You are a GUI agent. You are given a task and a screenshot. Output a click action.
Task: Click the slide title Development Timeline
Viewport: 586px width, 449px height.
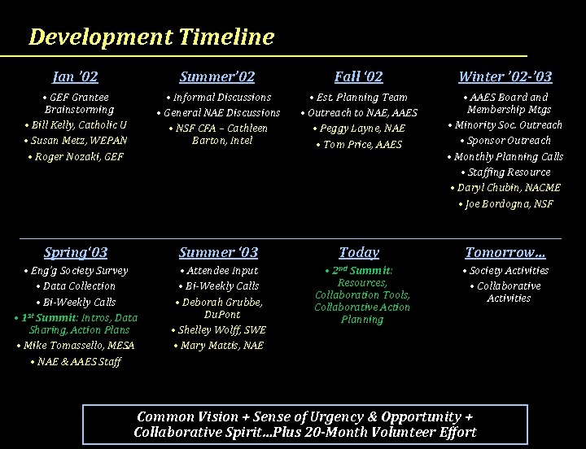click(151, 37)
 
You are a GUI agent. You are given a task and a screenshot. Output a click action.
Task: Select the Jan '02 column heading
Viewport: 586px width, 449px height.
click(75, 77)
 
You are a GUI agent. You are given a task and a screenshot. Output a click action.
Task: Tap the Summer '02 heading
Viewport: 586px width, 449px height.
click(216, 77)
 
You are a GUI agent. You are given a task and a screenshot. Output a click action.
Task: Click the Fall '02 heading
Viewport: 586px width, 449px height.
click(358, 77)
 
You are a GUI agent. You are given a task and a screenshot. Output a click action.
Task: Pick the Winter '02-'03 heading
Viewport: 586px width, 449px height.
click(505, 77)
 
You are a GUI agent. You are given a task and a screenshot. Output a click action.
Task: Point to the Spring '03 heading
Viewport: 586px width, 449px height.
click(76, 252)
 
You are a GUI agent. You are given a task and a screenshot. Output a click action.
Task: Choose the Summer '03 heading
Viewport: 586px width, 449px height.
click(218, 252)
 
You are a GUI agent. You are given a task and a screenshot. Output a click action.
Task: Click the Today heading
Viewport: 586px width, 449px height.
click(359, 252)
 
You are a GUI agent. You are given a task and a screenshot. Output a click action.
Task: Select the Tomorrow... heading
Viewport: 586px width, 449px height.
click(505, 252)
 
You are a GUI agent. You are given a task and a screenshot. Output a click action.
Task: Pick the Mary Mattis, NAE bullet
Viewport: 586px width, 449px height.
click(220, 346)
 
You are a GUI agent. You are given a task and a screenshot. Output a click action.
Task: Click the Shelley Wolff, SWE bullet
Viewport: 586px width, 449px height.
click(220, 329)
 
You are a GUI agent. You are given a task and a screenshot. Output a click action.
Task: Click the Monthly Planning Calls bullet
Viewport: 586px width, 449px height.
click(506, 156)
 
